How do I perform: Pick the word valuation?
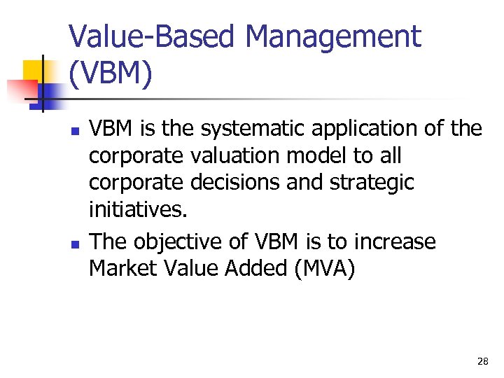[x=222, y=155]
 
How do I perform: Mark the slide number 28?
[x=482, y=361]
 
